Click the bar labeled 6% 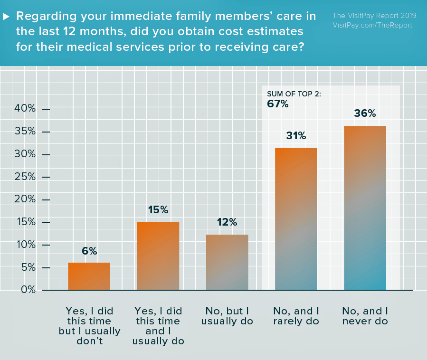click(89, 276)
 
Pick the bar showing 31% click(296, 218)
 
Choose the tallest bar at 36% click(365, 208)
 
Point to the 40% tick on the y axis click(25, 109)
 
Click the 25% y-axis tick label click(25, 177)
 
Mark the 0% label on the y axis click(28, 290)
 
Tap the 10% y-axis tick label click(25, 245)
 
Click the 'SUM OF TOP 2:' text click(294, 94)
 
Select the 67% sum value click(278, 104)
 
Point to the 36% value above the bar click(365, 114)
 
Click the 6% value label click(89, 251)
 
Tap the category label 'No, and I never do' click(365, 316)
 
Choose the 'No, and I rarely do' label click(296, 316)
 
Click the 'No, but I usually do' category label click(227, 316)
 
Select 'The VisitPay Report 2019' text click(374, 15)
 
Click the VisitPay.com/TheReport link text click(372, 25)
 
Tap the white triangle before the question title click(7, 16)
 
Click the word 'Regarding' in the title click(41, 16)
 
